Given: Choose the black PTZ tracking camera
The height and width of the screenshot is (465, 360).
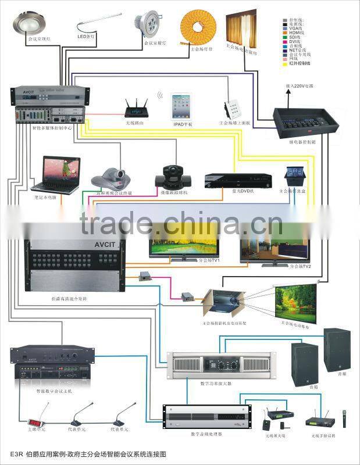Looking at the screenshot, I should (x=174, y=173).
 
